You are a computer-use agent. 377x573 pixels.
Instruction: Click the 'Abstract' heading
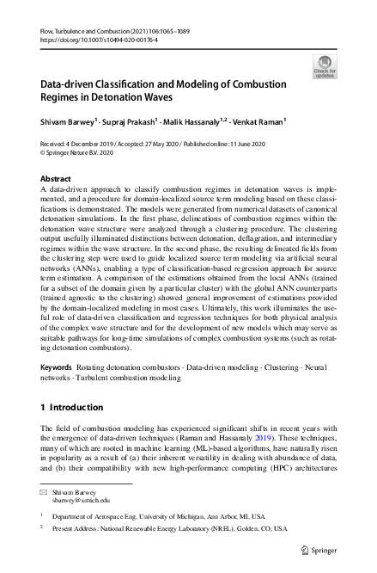[57, 178]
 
